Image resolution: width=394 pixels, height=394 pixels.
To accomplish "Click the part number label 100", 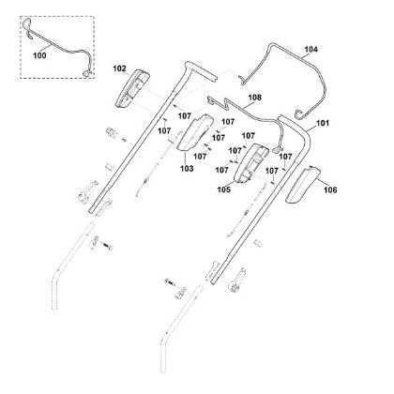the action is click(39, 55).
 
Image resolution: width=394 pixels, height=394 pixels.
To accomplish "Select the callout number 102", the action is click(119, 68).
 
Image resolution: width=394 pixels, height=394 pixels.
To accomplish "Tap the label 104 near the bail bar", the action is click(311, 49).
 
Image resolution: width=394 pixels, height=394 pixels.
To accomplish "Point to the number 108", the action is click(255, 98).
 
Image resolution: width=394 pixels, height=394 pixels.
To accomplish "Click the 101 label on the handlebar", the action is click(323, 123).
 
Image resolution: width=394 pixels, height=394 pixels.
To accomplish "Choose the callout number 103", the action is click(187, 169).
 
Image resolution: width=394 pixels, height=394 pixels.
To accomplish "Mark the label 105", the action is click(224, 189).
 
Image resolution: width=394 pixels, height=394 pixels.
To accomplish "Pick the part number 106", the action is click(330, 189).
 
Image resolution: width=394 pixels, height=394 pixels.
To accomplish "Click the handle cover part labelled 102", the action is click(132, 88).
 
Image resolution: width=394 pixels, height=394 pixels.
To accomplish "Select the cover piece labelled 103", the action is click(195, 132).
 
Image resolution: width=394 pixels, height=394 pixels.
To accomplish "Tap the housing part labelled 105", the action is click(251, 163).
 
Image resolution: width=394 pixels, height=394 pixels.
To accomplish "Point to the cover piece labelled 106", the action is click(303, 185).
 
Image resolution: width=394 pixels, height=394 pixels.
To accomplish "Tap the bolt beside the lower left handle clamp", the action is click(107, 247).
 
